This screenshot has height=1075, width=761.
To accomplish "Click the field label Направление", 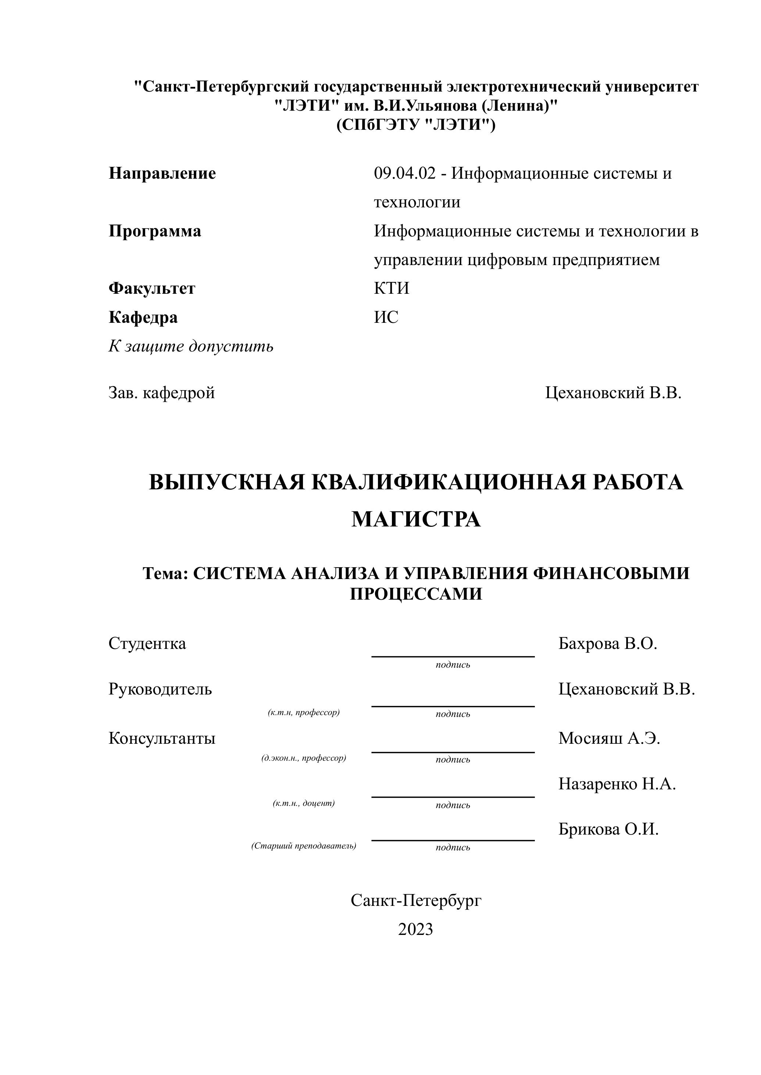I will click(x=162, y=174).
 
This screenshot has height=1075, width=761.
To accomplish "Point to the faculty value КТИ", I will click(x=391, y=288).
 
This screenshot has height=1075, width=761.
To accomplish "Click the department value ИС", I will click(x=386, y=317).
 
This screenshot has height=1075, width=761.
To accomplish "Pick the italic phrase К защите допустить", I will click(x=191, y=346).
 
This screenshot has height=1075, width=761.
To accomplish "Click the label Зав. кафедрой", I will click(x=162, y=392).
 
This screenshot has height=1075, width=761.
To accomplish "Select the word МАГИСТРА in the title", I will click(x=416, y=519).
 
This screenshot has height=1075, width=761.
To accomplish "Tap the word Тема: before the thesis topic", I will click(x=165, y=573).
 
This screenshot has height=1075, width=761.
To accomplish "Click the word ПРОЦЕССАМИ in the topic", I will click(x=416, y=594).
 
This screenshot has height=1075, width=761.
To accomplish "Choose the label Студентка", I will click(x=147, y=643).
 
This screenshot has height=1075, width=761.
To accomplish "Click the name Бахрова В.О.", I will click(x=607, y=643).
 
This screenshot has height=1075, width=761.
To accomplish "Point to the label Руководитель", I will click(x=160, y=689).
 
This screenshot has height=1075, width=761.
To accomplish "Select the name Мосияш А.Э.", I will click(x=609, y=738).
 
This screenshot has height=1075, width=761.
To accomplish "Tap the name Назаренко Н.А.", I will click(x=617, y=783).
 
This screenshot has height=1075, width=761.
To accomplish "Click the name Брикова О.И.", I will click(x=608, y=829).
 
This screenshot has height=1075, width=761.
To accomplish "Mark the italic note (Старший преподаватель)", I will click(x=304, y=846).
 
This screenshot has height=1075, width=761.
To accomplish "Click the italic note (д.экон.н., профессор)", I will click(x=304, y=758).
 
